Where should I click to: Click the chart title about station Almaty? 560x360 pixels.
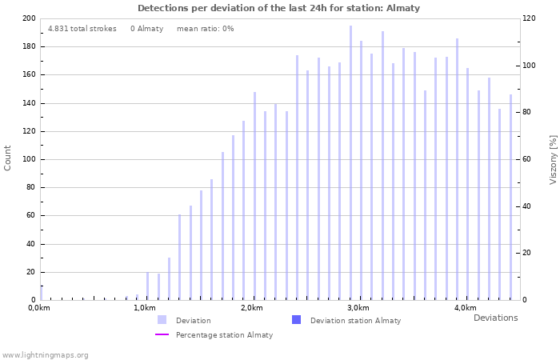pos(278,8)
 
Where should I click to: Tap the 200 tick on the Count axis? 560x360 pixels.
pos(29,18)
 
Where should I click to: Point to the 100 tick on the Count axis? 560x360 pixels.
pos(29,159)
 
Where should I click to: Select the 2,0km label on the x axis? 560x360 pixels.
pos(253,308)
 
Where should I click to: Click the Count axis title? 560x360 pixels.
pos(8,158)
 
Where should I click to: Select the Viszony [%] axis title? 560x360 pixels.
pos(553,159)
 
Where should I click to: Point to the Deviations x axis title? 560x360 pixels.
pos(495,318)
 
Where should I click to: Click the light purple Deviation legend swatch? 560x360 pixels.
pos(162,320)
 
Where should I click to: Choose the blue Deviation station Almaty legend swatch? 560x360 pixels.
pos(296,320)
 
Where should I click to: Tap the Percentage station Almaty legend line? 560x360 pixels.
pos(162,335)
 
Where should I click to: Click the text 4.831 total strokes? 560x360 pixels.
pos(82,29)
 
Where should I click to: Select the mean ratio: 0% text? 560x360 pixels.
pos(205,29)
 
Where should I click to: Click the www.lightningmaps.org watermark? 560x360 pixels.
pos(45,354)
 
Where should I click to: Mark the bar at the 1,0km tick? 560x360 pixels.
pos(147,286)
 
